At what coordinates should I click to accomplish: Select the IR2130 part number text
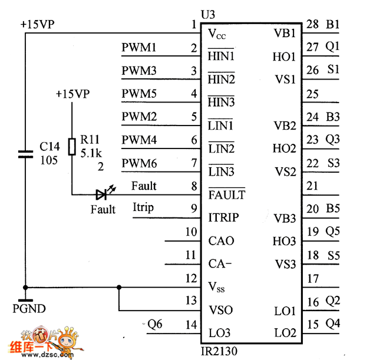click(x=219, y=352)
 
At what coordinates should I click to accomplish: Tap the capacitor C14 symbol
click(x=25, y=154)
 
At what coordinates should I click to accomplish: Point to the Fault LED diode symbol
click(x=103, y=194)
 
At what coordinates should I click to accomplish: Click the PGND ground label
click(x=29, y=308)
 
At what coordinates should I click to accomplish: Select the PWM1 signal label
click(x=139, y=47)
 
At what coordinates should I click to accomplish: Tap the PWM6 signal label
click(x=139, y=163)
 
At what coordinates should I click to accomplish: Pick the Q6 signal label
click(x=155, y=323)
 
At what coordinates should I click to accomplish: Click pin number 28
click(x=312, y=24)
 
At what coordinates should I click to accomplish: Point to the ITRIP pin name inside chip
click(x=224, y=217)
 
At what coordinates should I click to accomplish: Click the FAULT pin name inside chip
click(x=227, y=194)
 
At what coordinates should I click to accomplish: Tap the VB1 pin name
click(x=285, y=34)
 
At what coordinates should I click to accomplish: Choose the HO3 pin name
click(x=285, y=241)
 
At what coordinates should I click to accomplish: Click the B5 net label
click(x=333, y=208)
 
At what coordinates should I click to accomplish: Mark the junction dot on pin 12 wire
click(x=119, y=288)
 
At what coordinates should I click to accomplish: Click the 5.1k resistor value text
click(x=92, y=153)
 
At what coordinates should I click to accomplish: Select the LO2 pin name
click(x=285, y=333)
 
